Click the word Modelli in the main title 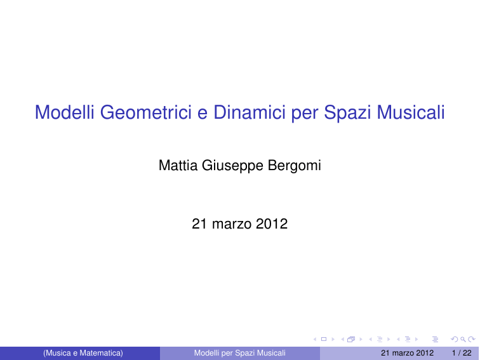pos(65,112)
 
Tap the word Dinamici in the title pos(249,112)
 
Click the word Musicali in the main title pos(411,112)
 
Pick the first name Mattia pos(178,165)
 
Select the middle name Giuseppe pos(232,166)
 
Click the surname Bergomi pos(294,166)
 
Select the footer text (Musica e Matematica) pos(83,353)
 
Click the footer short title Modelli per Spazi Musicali pos(240,353)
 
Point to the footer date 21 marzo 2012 pos(407,353)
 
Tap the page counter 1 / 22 pos(462,353)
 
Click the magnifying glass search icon pos(463,339)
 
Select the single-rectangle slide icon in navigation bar pos(324,339)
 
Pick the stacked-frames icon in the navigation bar pos(351,339)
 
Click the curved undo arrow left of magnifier pos(455,339)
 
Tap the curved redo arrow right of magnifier pos(471,339)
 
